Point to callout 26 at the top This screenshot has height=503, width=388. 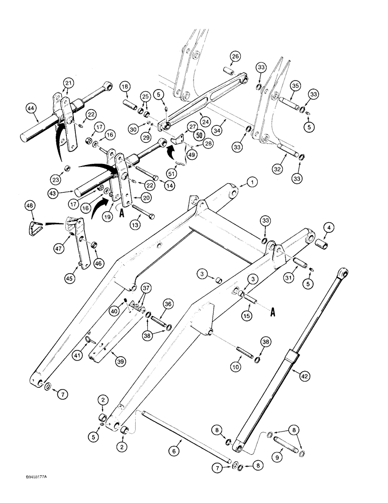[235, 56]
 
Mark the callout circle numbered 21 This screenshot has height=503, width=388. [68, 83]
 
